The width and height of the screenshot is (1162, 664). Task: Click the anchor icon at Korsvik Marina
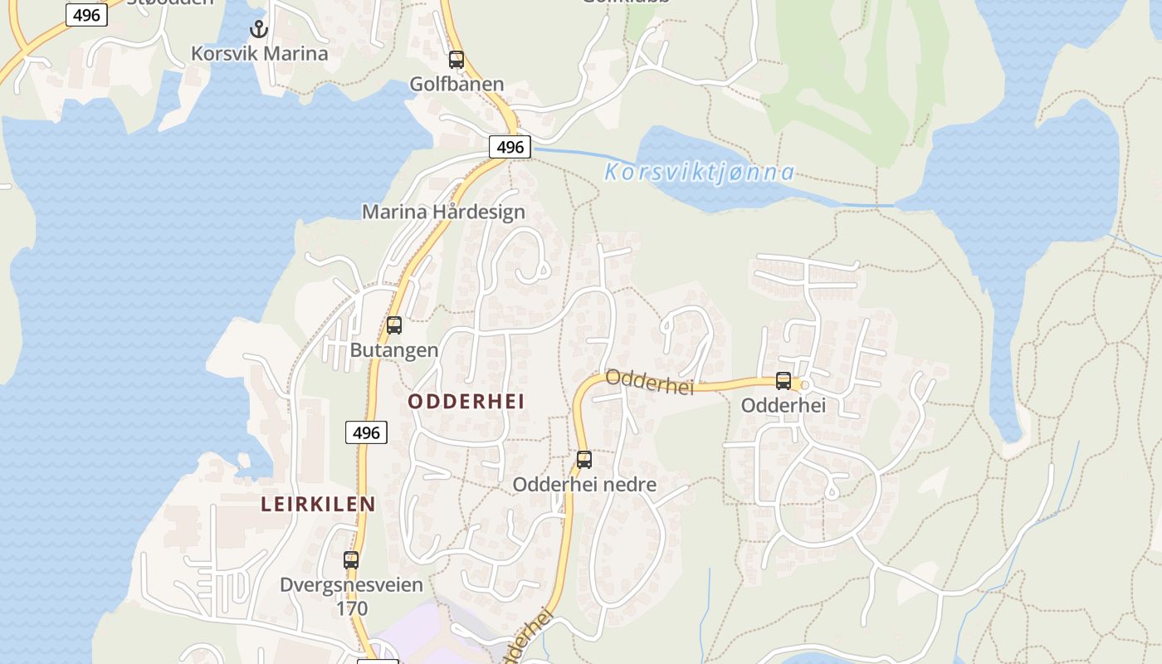pos(260,30)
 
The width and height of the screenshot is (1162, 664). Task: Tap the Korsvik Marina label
pos(260,53)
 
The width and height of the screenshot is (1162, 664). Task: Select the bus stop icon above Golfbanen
pos(456,60)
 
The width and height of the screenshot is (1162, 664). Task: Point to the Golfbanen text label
pos(456,84)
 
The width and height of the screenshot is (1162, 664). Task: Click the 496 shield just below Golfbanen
pos(510,147)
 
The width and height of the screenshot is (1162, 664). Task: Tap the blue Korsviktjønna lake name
pos(699,173)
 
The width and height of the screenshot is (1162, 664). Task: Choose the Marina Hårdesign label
pos(443,212)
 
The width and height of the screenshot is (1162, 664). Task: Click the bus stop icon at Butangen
pos(394,325)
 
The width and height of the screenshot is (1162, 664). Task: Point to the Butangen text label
pos(394,349)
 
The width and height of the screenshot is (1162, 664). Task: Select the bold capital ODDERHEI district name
pos(466,402)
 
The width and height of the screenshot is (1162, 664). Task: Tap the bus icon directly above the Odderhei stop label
pos(784,381)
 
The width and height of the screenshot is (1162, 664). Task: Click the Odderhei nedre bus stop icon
pos(584,460)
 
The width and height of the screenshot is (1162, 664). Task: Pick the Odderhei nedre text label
pos(584,484)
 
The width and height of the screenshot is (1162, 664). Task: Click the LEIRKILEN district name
pos(318,504)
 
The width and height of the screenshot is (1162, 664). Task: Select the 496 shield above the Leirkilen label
pos(366,432)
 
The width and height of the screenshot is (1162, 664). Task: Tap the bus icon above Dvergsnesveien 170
pos(351,560)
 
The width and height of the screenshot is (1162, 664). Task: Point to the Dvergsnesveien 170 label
pos(351,596)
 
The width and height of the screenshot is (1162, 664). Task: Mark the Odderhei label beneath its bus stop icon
pos(784,405)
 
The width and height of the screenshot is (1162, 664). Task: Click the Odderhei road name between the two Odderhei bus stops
pos(649,381)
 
